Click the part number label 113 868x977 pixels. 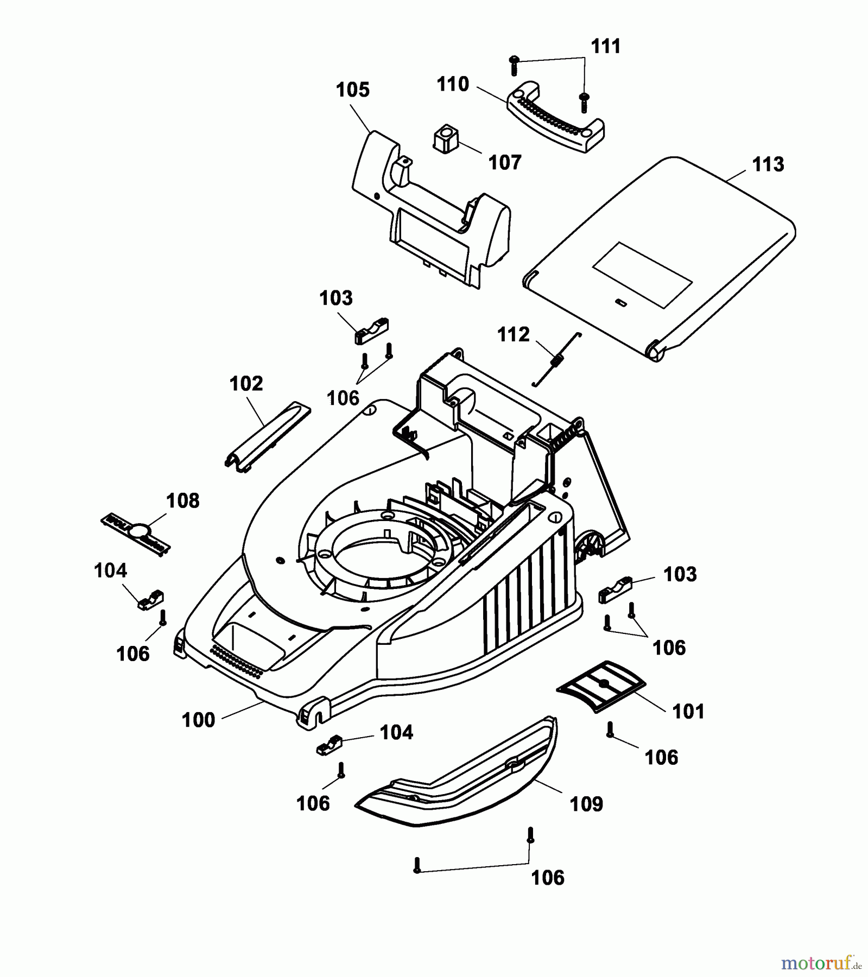click(x=768, y=164)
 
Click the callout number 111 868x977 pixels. click(x=605, y=47)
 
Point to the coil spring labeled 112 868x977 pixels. click(x=556, y=359)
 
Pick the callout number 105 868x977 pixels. click(x=352, y=90)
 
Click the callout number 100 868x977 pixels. click(x=198, y=720)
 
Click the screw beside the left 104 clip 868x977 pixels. click(x=162, y=617)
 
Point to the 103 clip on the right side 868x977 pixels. click(x=616, y=591)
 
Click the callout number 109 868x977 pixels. click(x=586, y=804)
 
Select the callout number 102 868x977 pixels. click(x=246, y=384)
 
